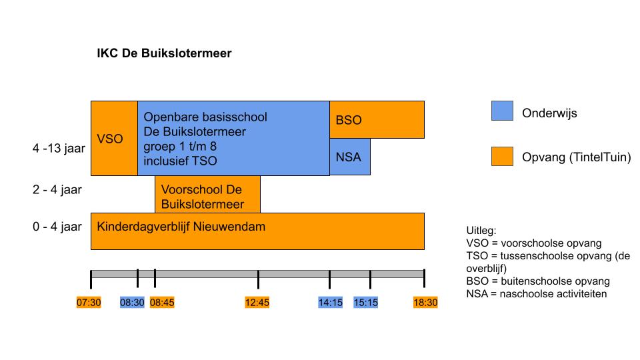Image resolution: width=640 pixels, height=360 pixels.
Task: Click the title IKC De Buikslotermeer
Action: click(164, 53)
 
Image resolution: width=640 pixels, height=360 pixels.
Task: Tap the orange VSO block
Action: click(114, 139)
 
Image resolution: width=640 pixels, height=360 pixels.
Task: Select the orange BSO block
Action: click(377, 119)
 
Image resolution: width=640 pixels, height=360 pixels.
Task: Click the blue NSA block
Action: click(350, 157)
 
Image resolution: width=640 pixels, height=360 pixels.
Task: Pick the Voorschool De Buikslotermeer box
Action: click(207, 194)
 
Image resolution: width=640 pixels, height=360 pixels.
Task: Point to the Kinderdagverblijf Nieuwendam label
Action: click(181, 227)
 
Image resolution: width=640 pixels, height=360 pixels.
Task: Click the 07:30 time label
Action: click(89, 303)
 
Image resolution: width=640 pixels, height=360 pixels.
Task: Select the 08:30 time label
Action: click(132, 303)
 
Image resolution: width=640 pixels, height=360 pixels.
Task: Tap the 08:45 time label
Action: click(162, 303)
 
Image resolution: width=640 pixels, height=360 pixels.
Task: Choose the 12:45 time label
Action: click(257, 303)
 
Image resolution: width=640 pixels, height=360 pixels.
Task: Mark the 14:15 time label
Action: click(331, 303)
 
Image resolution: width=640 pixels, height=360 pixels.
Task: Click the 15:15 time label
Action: click(366, 303)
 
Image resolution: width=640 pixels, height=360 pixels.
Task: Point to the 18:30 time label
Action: click(425, 303)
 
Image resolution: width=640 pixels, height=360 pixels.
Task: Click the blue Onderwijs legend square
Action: click(502, 111)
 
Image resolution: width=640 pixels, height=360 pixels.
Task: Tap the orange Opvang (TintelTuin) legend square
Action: click(502, 156)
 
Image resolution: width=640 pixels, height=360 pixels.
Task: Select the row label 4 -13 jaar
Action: click(59, 148)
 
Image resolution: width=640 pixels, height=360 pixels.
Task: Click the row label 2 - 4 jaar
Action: click(57, 190)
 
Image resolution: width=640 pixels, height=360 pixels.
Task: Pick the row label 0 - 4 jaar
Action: click(57, 227)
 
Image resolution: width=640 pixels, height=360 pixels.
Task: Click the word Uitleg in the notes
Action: click(481, 231)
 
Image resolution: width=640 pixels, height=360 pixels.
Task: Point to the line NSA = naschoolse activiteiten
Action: click(536, 294)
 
